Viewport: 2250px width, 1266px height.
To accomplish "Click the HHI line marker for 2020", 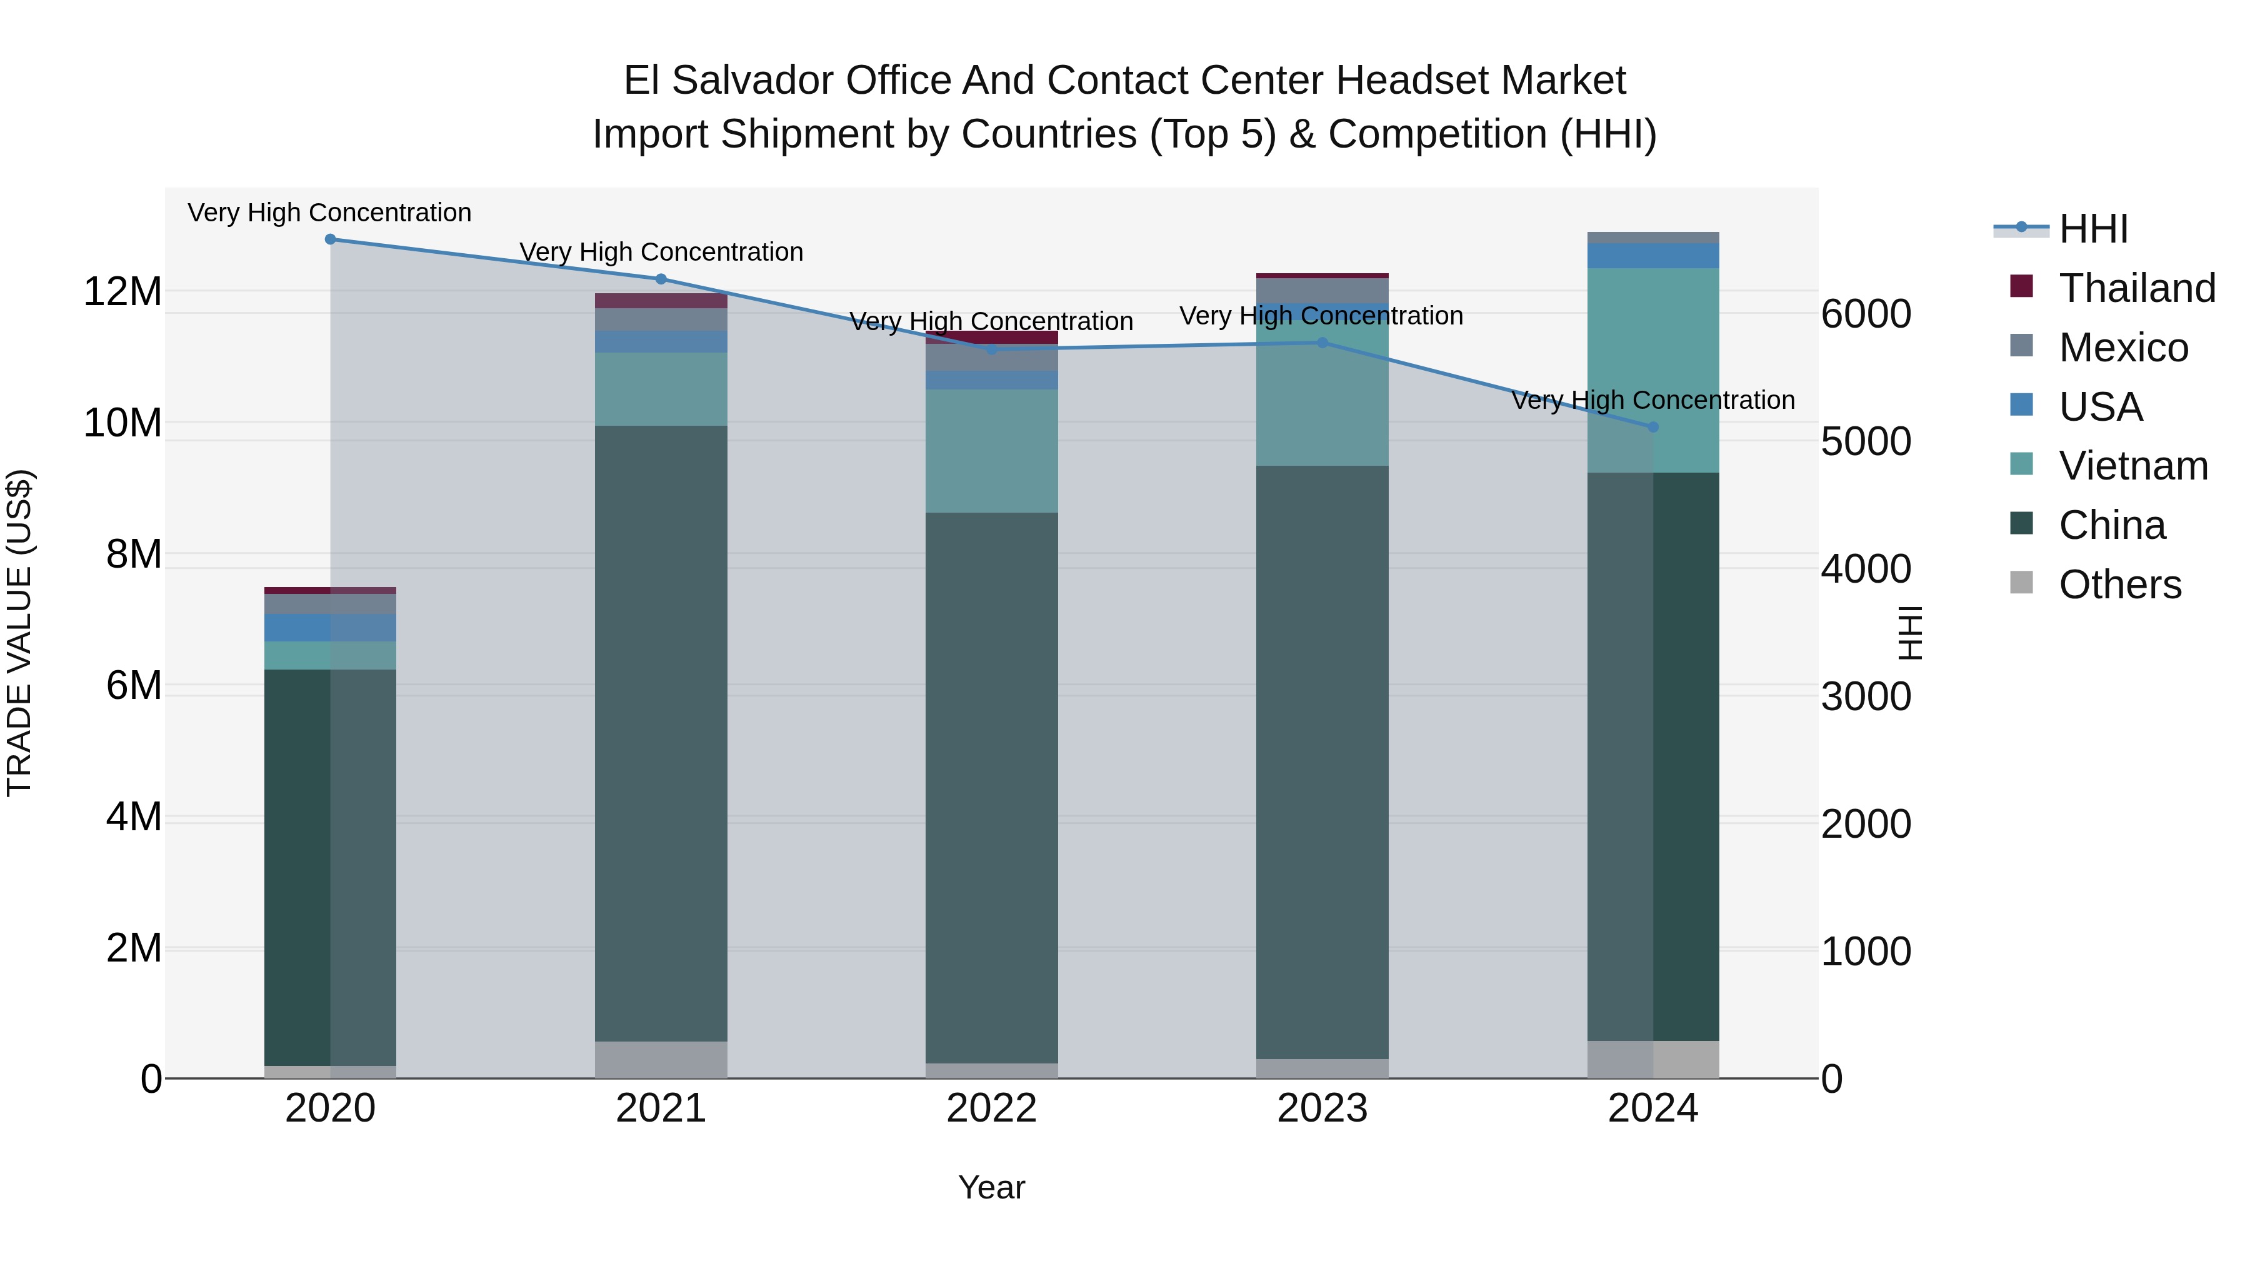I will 330,239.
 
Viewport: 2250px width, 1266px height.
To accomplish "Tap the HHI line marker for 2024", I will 1652,427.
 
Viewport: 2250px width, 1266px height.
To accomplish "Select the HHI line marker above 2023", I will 1321,343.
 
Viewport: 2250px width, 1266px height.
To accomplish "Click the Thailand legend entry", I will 2136,288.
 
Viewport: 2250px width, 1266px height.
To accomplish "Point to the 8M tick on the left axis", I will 134,554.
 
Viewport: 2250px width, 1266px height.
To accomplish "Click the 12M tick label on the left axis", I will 122,291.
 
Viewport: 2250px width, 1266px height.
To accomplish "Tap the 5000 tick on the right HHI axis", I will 1866,441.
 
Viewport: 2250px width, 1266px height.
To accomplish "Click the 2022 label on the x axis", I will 991,1108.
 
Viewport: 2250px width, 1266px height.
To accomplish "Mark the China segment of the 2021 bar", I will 661,734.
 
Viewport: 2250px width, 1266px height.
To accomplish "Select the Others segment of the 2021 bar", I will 661,1059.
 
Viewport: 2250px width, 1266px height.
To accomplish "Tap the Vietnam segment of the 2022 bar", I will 991,451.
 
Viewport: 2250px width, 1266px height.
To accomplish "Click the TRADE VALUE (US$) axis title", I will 20,633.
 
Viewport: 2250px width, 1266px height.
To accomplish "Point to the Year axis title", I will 991,1187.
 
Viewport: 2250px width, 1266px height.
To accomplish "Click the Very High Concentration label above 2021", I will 661,251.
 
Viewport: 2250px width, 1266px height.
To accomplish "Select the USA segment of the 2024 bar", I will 1652,256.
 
